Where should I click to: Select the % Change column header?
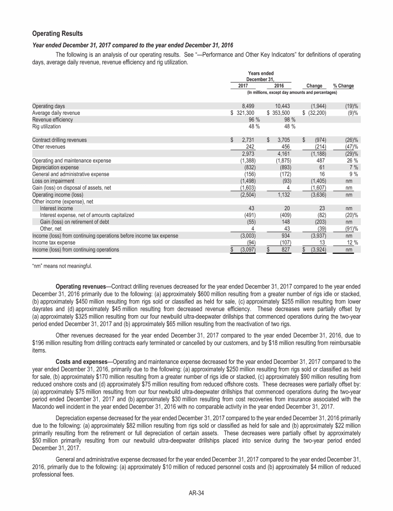[x=343, y=86]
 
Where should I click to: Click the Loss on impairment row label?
[x=52, y=180]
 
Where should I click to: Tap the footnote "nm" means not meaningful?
[x=62, y=265]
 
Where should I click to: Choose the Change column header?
[x=314, y=86]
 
